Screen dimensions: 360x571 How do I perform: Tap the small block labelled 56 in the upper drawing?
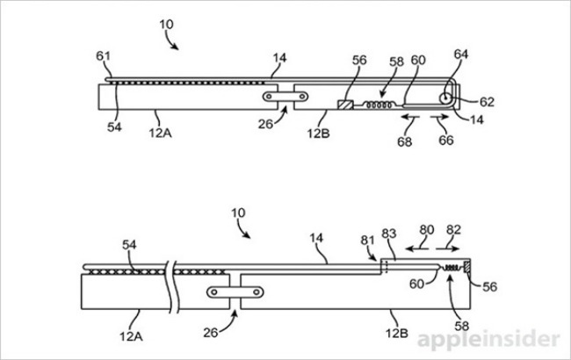tap(345, 104)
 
